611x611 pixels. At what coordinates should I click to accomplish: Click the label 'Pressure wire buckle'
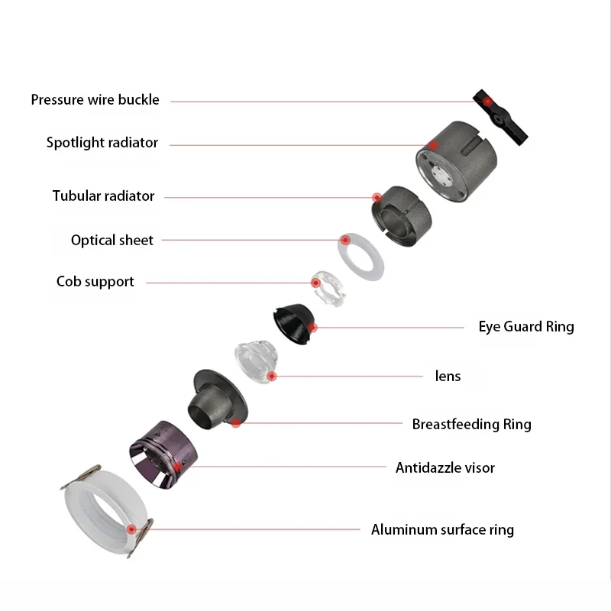(x=95, y=100)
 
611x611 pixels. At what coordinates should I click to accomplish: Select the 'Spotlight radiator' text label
(x=102, y=143)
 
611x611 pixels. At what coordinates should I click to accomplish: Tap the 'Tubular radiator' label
(x=104, y=196)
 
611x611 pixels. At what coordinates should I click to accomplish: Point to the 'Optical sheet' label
(x=112, y=241)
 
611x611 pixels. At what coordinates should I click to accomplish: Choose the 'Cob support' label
(x=95, y=282)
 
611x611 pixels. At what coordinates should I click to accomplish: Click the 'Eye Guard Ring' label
(x=526, y=327)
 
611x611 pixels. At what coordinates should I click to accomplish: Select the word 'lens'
(x=448, y=376)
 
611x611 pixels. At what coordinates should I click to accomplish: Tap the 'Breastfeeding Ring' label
(x=471, y=424)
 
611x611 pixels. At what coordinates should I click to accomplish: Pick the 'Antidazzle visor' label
(x=445, y=467)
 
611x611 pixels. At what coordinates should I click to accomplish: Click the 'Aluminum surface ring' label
(x=442, y=529)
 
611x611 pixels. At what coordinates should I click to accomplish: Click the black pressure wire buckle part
(x=501, y=116)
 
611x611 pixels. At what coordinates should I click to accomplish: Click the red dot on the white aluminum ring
(x=131, y=529)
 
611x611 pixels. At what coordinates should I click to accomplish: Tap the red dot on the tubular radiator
(x=377, y=198)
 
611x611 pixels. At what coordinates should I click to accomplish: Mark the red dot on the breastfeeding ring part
(x=237, y=423)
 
